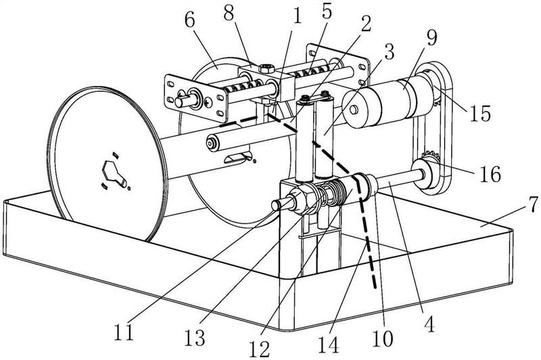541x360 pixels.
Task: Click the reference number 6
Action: tap(190, 20)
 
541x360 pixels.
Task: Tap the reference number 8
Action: tap(229, 13)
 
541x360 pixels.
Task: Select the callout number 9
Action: tap(431, 38)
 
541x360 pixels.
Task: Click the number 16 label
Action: tap(490, 174)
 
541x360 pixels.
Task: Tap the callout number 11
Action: tap(124, 332)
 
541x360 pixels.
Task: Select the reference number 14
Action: tap(328, 345)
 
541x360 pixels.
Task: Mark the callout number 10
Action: tap(383, 338)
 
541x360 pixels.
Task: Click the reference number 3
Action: tap(390, 52)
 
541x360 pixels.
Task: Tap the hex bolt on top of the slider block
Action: tap(266, 68)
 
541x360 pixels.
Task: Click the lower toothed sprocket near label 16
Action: tap(429, 158)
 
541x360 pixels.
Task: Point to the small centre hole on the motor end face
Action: tap(353, 110)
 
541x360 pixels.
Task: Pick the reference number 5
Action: tap(326, 12)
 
